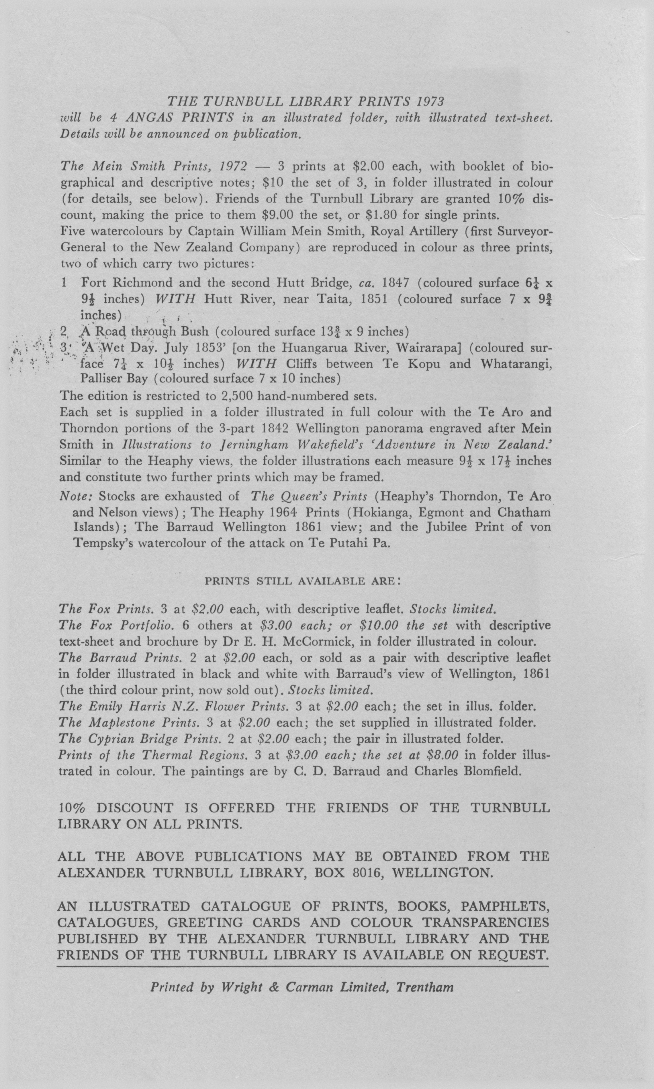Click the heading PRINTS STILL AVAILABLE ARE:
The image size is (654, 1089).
(302, 581)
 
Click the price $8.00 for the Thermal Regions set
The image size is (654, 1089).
(442, 755)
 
